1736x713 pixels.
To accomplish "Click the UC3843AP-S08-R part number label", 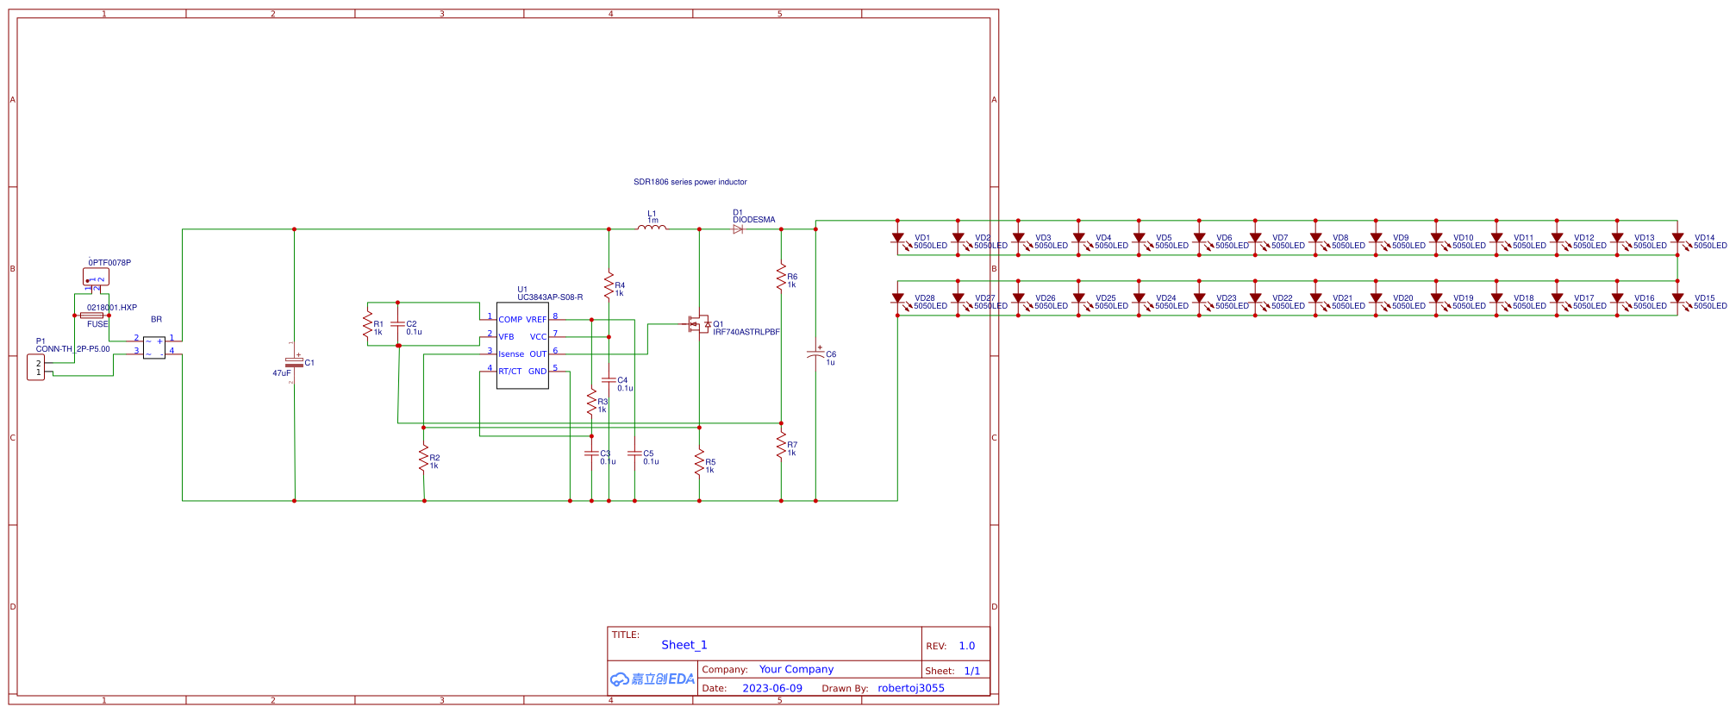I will tap(550, 297).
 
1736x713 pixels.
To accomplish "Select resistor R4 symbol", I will tap(609, 285).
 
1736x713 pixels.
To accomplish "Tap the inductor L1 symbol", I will tap(651, 228).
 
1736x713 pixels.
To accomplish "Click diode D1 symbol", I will tap(738, 229).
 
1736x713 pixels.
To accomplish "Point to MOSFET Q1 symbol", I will tap(698, 325).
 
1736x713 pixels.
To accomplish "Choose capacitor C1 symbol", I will tap(294, 363).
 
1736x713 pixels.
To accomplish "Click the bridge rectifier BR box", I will tap(154, 347).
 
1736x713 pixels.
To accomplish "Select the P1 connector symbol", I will tap(36, 368).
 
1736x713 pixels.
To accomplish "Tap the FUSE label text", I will tap(97, 324).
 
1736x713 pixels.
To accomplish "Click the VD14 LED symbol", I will tap(1677, 238).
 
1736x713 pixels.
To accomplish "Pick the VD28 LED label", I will tap(925, 298).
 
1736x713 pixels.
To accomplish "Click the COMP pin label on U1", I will tap(510, 320).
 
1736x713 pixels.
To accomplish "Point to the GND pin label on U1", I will tap(537, 372).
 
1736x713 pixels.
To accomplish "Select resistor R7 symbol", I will tap(781, 446).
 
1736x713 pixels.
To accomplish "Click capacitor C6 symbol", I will tap(815, 354).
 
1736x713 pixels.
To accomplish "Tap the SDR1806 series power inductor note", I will tap(690, 182).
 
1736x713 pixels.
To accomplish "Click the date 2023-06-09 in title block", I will tap(771, 688).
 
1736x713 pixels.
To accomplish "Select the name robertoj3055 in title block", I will tap(910, 688).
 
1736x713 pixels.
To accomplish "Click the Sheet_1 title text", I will tap(684, 645).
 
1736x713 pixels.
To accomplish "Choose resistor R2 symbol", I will tap(423, 459).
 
